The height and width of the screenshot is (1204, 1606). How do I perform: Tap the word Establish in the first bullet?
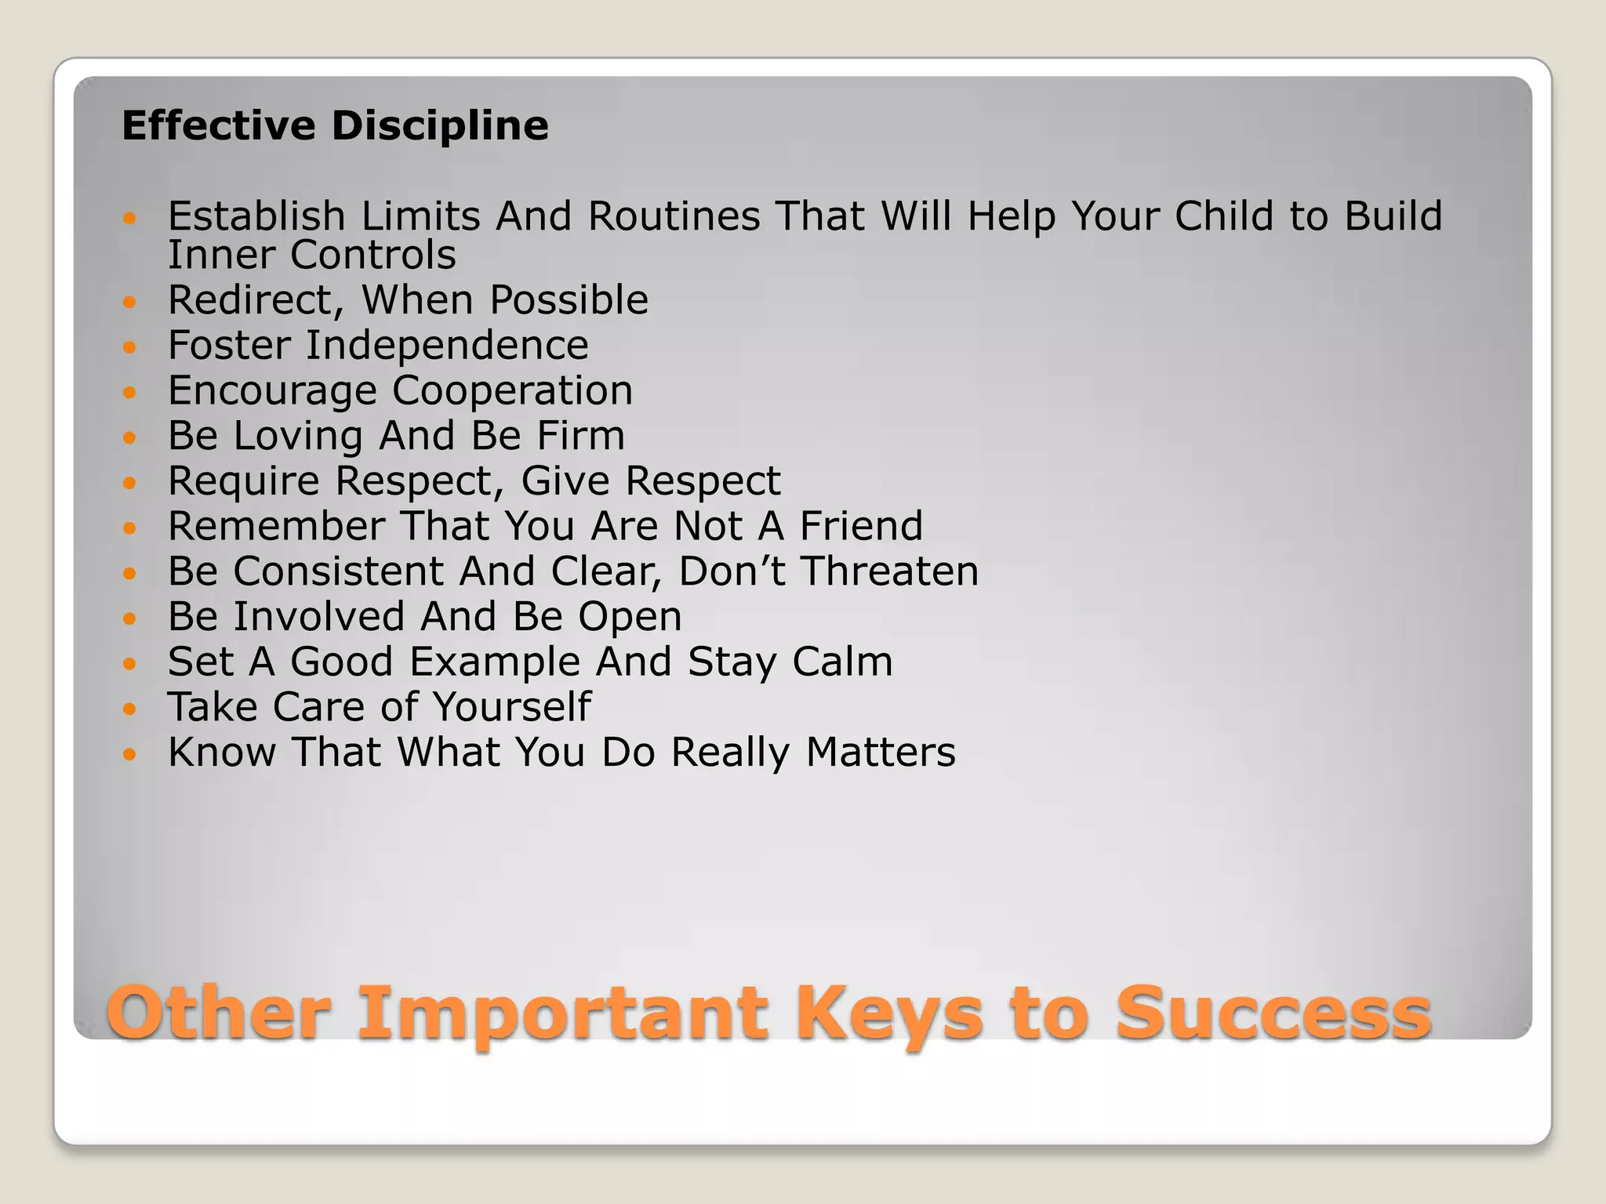[256, 216]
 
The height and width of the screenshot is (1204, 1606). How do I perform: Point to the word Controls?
[372, 255]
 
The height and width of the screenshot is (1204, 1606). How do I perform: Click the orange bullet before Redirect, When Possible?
[130, 301]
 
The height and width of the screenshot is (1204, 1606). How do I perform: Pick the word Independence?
[447, 346]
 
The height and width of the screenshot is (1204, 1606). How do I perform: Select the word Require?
[244, 481]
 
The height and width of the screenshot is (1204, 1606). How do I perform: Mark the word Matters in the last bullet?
[881, 752]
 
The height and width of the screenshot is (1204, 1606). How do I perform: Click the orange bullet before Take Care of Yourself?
[130, 709]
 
